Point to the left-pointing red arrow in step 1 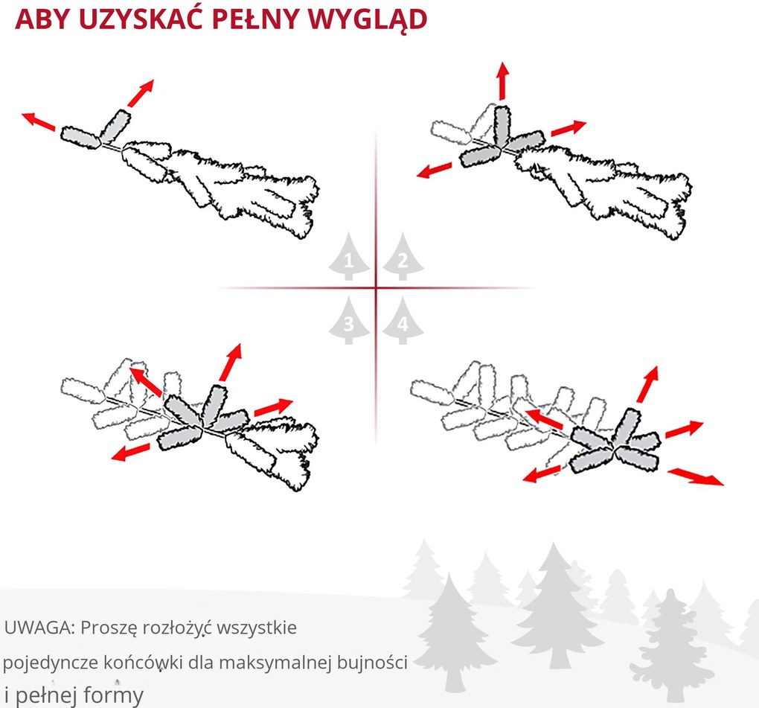coord(39,121)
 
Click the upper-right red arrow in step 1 coord(140,92)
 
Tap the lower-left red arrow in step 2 coord(435,169)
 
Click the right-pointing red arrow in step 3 coord(275,407)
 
